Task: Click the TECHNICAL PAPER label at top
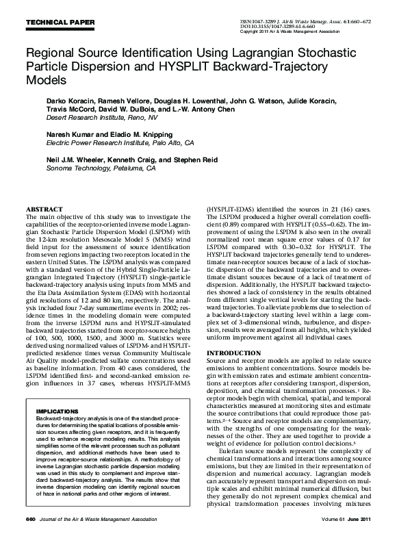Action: pyautogui.click(x=60, y=23)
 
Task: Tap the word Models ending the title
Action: pyautogui.click(x=47, y=80)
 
